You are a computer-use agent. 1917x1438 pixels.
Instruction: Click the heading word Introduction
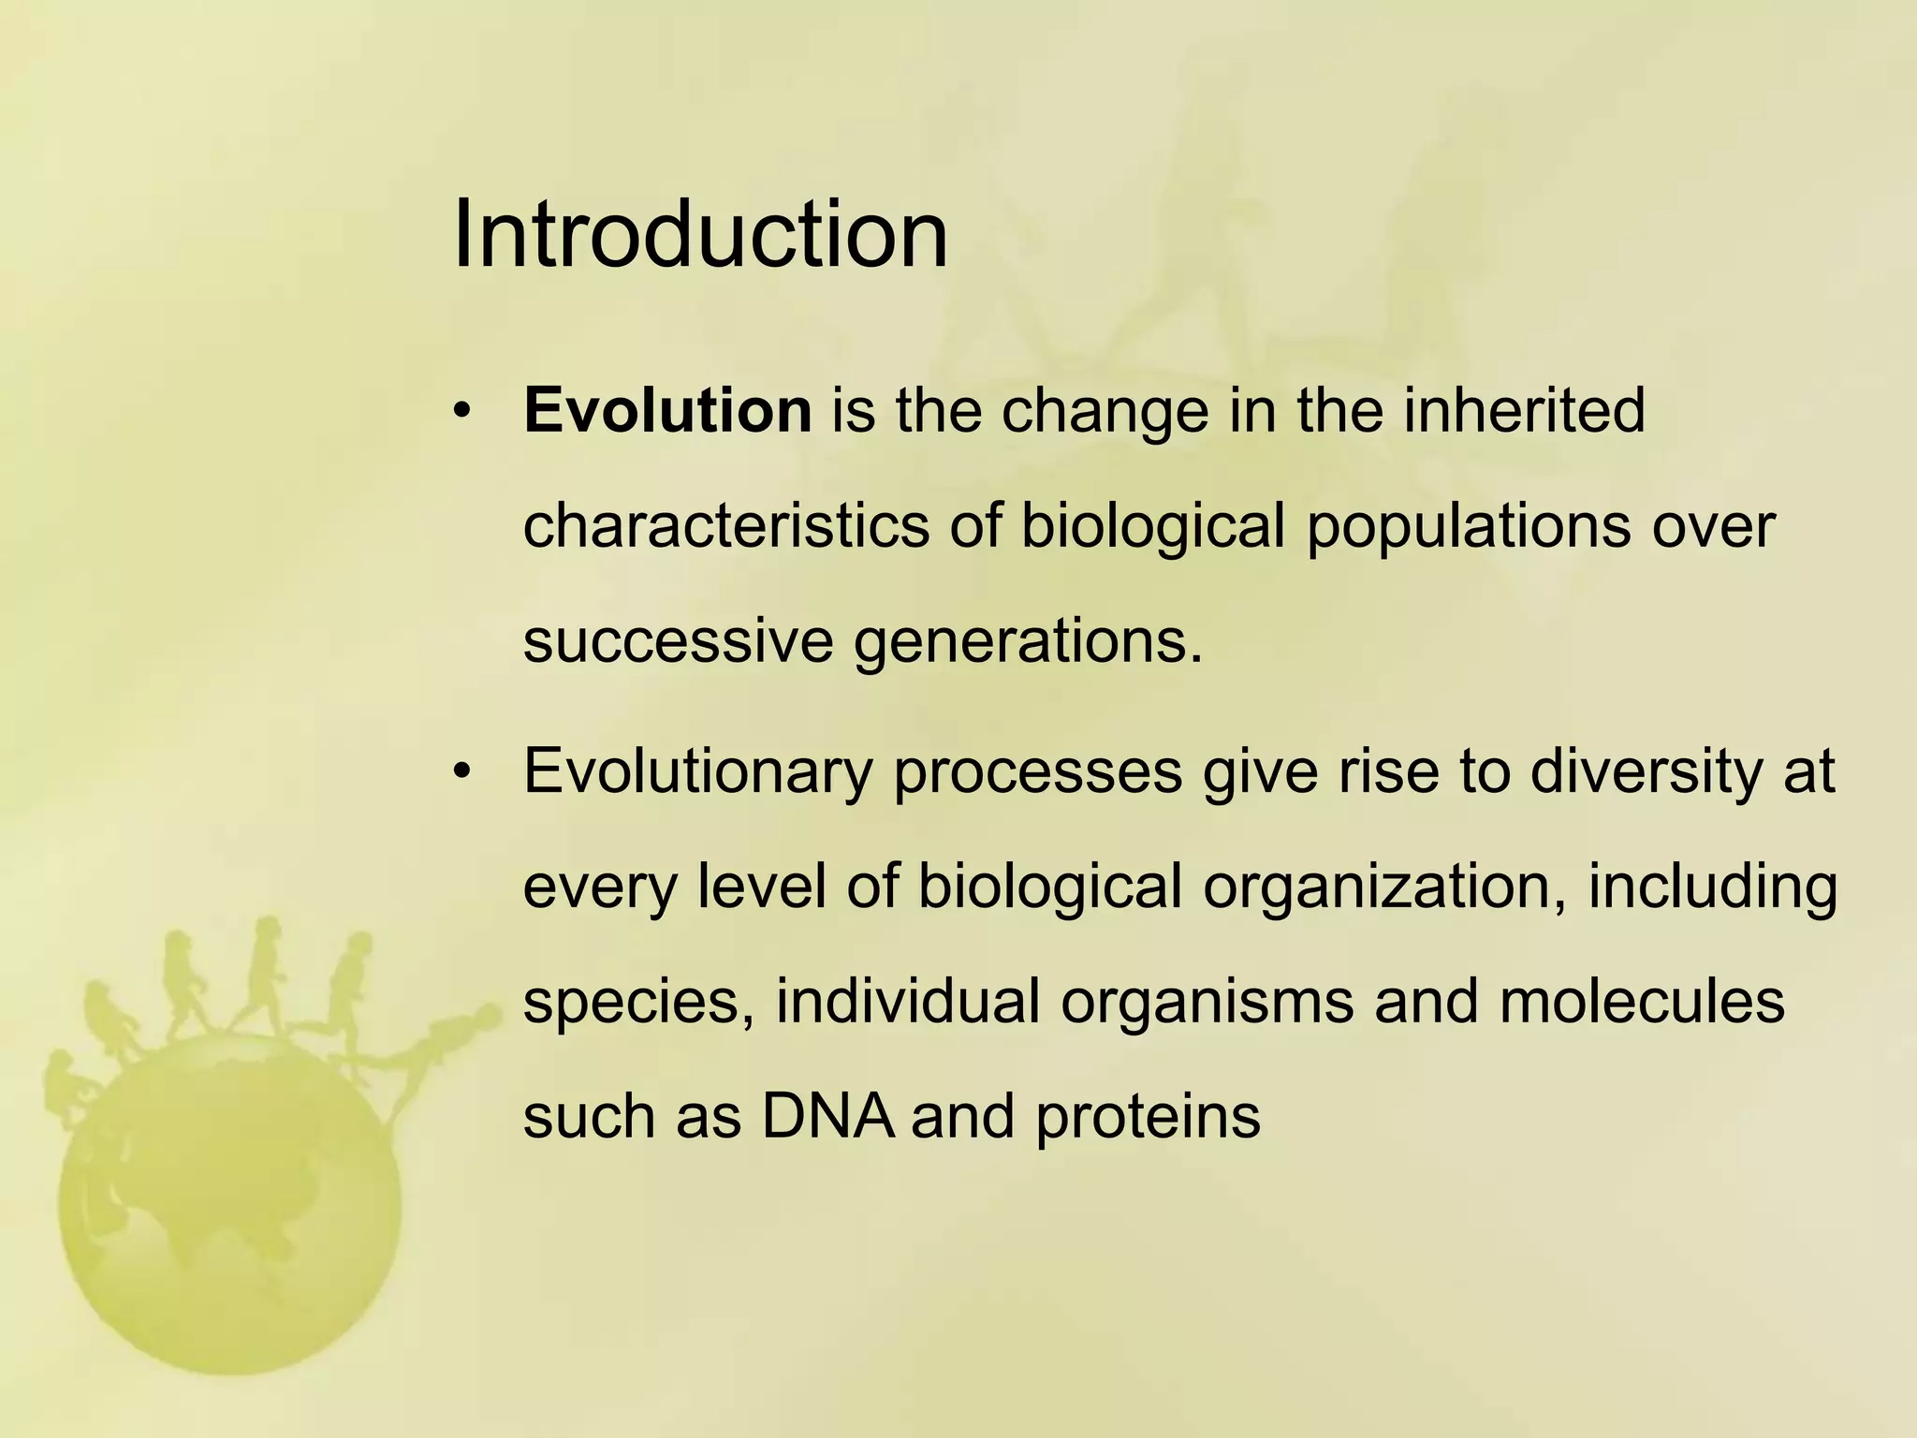pyautogui.click(x=700, y=234)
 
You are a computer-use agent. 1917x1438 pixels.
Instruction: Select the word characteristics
pyautogui.click(x=725, y=526)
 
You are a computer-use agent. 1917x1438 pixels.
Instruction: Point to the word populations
pyautogui.click(x=1469, y=526)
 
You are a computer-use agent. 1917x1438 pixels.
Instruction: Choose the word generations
pyautogui.click(x=1027, y=643)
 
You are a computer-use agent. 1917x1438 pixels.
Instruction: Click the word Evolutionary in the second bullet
pyautogui.click(x=697, y=772)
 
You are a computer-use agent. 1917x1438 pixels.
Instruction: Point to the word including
pyautogui.click(x=1712, y=888)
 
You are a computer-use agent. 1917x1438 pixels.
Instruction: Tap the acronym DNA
pyautogui.click(x=827, y=1117)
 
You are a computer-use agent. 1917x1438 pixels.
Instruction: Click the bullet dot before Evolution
pyautogui.click(x=461, y=412)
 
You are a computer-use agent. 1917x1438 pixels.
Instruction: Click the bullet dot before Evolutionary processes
pyautogui.click(x=461, y=772)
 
